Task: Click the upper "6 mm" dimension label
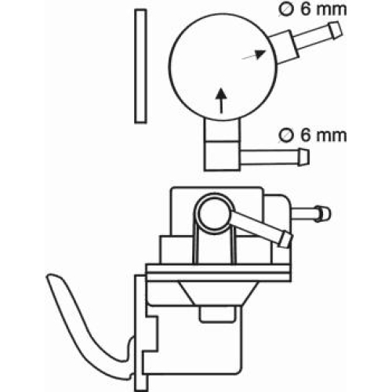pos(324,9)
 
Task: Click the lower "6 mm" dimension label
pos(324,136)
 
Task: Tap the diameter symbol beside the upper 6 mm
pos(286,9)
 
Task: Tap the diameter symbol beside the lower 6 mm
pos(286,136)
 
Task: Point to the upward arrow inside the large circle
pos(221,100)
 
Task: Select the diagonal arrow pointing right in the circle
pos(254,54)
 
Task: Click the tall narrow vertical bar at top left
pos(140,66)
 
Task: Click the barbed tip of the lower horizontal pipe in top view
pos(303,158)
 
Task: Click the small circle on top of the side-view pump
pos(214,213)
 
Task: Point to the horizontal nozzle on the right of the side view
pos(310,214)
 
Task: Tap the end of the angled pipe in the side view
pos(285,240)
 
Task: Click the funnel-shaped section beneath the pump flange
pos(218,293)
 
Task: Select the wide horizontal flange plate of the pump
pos(219,273)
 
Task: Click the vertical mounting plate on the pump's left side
pos(140,332)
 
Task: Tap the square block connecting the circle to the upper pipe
pos(285,48)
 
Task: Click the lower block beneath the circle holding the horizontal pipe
pos(222,156)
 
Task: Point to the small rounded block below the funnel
pos(217,314)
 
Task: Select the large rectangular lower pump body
pos(194,339)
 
